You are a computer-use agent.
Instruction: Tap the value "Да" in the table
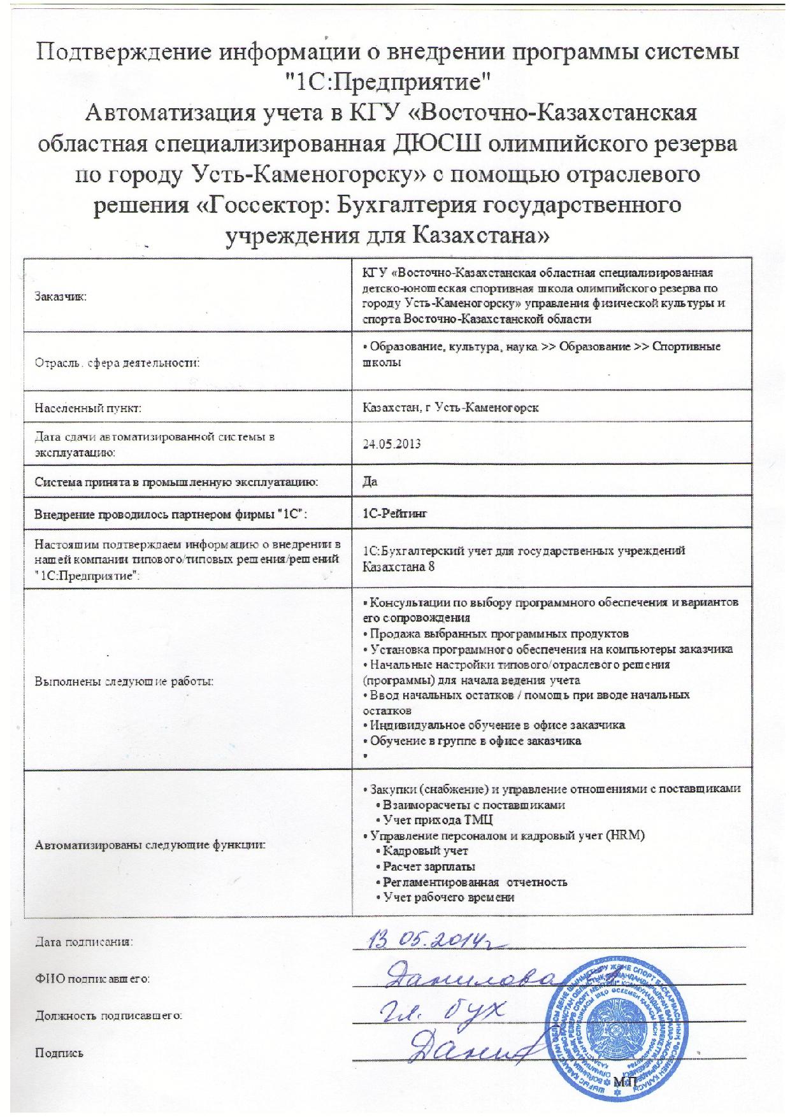tap(370, 481)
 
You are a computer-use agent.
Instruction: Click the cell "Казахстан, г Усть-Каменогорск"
tap(450, 408)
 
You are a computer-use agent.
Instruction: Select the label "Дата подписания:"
tap(84, 941)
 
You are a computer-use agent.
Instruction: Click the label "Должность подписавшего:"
tap(109, 1015)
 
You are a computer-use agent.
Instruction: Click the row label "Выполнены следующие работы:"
tap(123, 681)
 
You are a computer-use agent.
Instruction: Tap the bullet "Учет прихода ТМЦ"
tap(438, 820)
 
